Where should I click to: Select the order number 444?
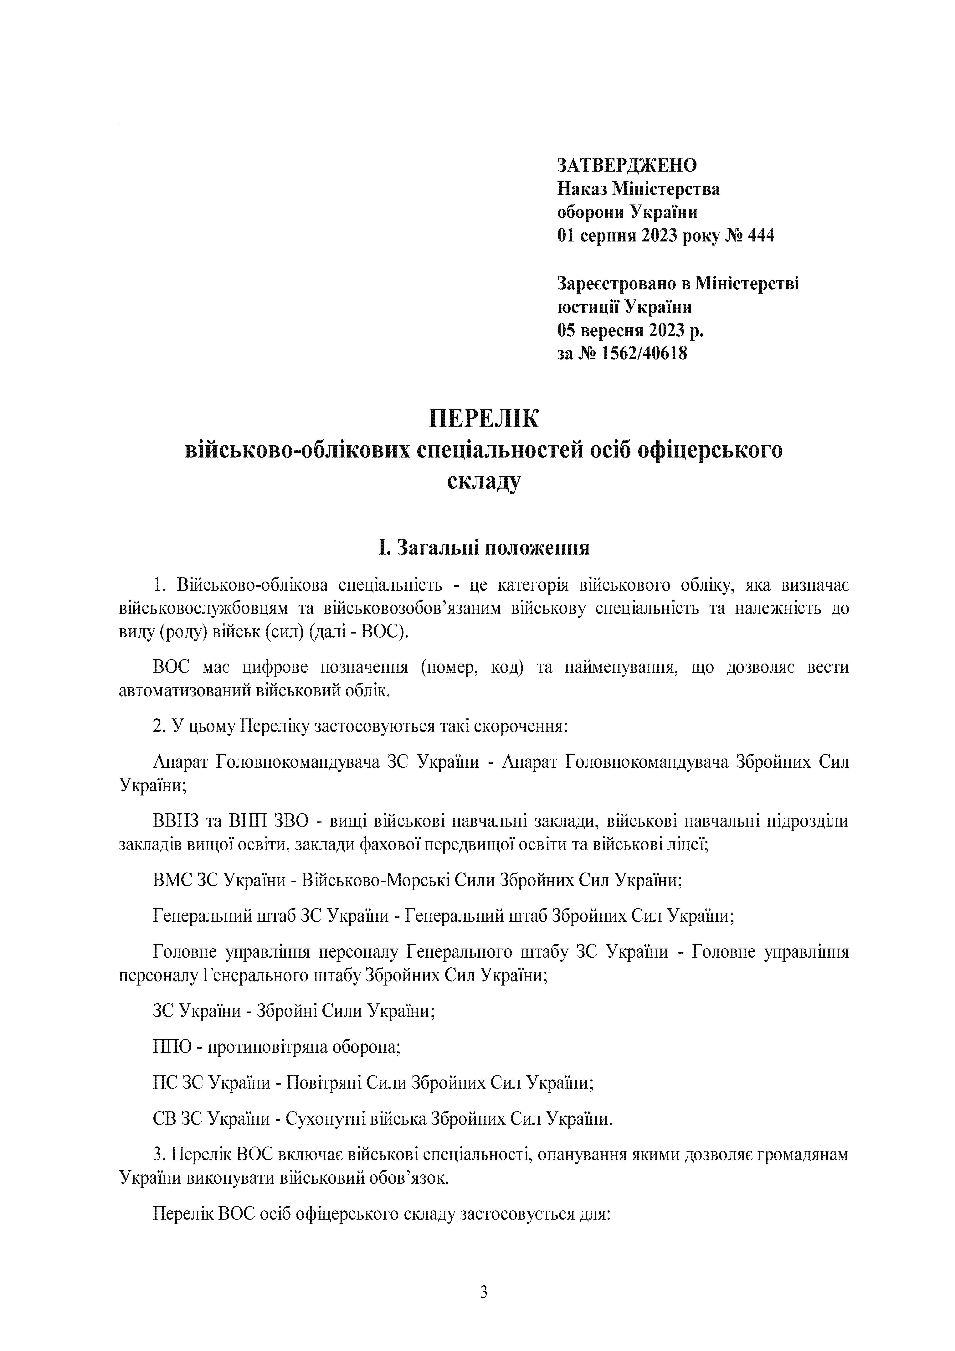(x=760, y=236)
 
